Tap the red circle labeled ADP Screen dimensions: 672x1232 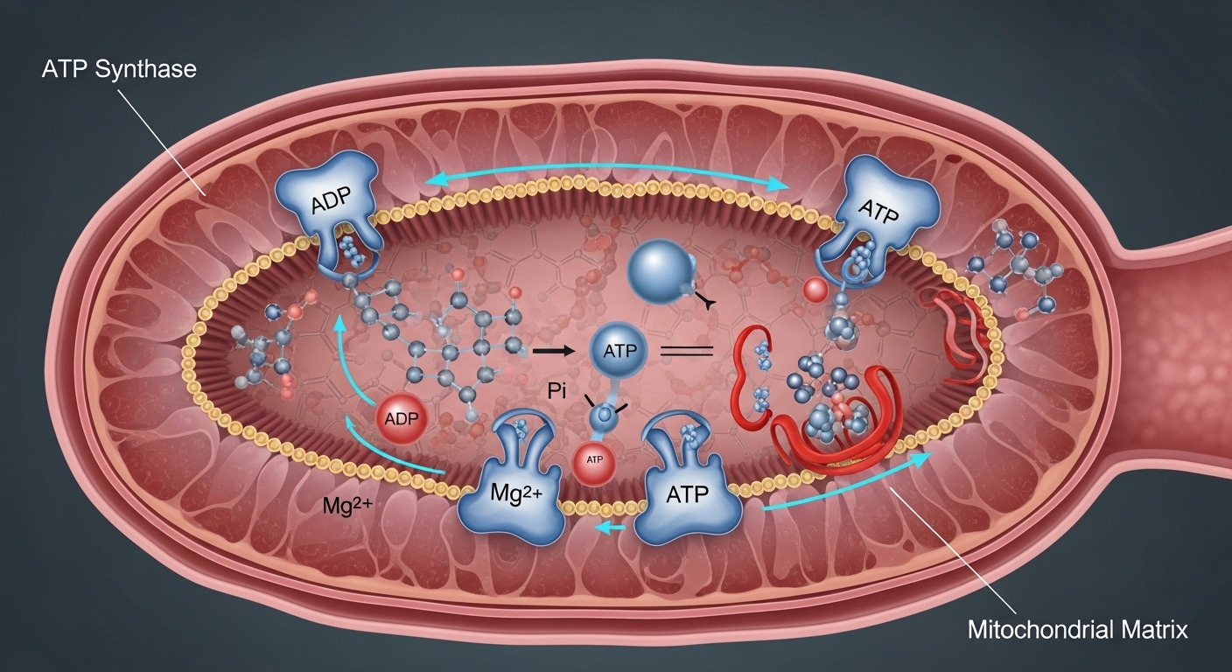click(x=402, y=418)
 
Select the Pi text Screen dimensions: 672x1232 click(x=558, y=390)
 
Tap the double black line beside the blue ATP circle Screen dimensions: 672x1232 click(x=687, y=351)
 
